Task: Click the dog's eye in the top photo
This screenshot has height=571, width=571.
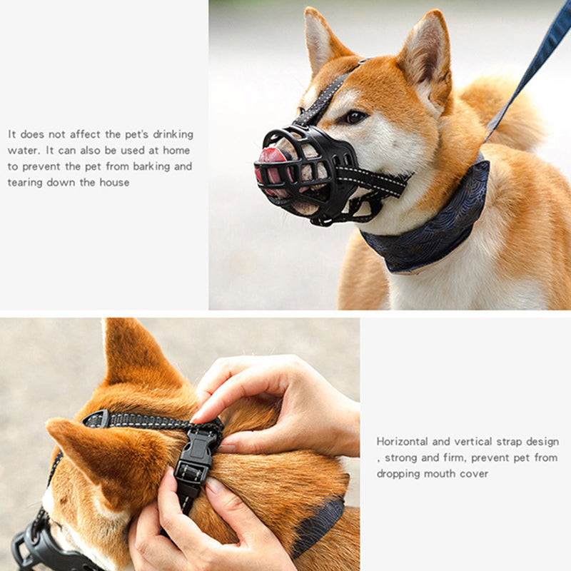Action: [355, 116]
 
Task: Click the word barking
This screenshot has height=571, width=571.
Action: [153, 166]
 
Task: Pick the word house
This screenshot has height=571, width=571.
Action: [114, 182]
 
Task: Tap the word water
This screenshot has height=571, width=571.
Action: [22, 151]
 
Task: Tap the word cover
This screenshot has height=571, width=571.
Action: [474, 474]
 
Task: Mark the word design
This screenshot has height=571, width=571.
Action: [542, 442]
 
